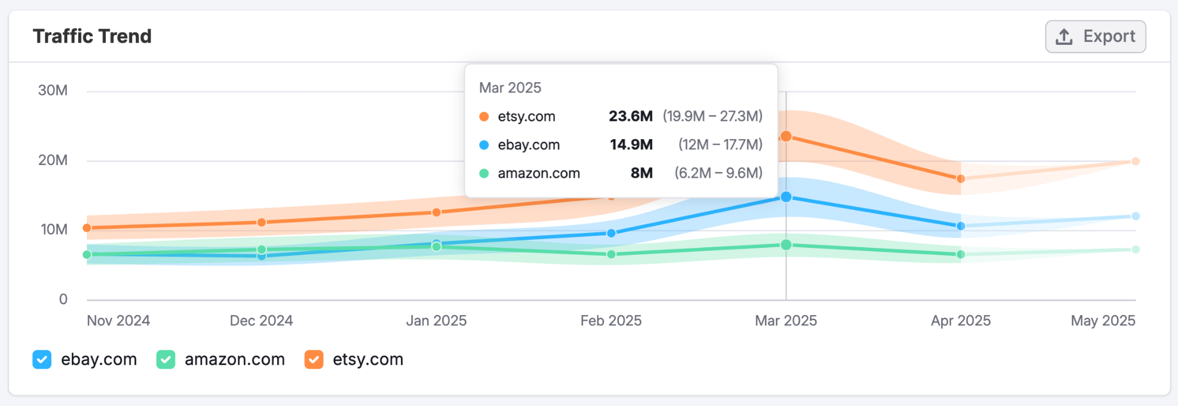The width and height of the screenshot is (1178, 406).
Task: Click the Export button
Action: (1095, 37)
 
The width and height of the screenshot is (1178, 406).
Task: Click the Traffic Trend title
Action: (92, 36)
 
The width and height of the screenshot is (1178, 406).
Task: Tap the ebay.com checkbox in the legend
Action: (42, 360)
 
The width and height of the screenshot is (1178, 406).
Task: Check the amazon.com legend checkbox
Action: (166, 360)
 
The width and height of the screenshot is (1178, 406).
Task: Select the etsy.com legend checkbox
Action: (313, 360)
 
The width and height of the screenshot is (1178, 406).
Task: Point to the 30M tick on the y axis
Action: (53, 91)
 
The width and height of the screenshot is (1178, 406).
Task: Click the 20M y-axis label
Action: (53, 160)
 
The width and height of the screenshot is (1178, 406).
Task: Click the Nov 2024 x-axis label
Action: (118, 321)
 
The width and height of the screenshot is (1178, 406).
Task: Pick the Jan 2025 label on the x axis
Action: (436, 321)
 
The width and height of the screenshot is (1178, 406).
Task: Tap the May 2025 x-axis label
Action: (1103, 321)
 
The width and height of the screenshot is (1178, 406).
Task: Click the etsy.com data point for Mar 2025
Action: (786, 136)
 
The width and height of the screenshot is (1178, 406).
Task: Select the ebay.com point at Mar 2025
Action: (786, 197)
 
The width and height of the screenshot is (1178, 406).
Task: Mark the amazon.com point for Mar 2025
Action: (786, 245)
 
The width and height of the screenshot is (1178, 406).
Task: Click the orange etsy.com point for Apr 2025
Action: (961, 179)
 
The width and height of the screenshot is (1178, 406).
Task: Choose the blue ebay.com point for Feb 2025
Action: (611, 233)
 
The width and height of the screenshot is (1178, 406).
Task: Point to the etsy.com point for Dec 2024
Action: (262, 222)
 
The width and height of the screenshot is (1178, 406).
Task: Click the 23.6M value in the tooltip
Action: (630, 116)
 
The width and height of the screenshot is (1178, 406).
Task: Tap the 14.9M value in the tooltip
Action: (631, 145)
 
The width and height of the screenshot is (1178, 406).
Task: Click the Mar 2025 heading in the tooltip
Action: (510, 88)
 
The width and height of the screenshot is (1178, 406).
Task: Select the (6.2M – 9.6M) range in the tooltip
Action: (718, 173)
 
